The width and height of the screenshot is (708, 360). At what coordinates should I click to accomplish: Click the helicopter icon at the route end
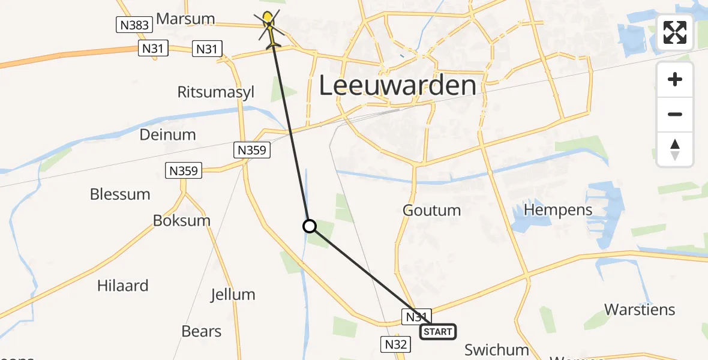coord(269,28)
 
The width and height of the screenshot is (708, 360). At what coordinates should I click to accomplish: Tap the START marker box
coord(437,332)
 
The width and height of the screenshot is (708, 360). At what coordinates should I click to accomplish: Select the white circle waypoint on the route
coord(309,226)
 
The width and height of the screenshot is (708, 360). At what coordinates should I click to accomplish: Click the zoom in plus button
coord(675,80)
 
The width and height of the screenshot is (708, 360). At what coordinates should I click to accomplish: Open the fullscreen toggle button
coord(675,32)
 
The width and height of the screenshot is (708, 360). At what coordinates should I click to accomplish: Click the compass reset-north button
coord(675,149)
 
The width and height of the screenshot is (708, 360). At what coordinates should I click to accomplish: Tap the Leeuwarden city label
coord(397,86)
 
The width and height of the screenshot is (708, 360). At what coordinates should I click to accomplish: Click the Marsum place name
coord(185,19)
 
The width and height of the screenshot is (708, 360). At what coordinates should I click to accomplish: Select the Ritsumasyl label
coord(216,92)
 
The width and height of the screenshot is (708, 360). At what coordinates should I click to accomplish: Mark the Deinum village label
coord(167,134)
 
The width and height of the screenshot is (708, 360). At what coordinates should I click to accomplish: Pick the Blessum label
coord(120,194)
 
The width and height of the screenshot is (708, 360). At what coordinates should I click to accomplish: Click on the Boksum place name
coord(182,220)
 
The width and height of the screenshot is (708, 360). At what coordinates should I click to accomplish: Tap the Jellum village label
coord(233,295)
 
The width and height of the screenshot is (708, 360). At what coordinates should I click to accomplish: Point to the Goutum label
coord(431,210)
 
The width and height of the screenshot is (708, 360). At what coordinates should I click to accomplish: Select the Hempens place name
coord(558,209)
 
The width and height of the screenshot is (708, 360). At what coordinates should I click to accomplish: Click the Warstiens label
coord(640,310)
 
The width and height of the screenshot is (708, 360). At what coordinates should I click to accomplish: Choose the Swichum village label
coord(497,349)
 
